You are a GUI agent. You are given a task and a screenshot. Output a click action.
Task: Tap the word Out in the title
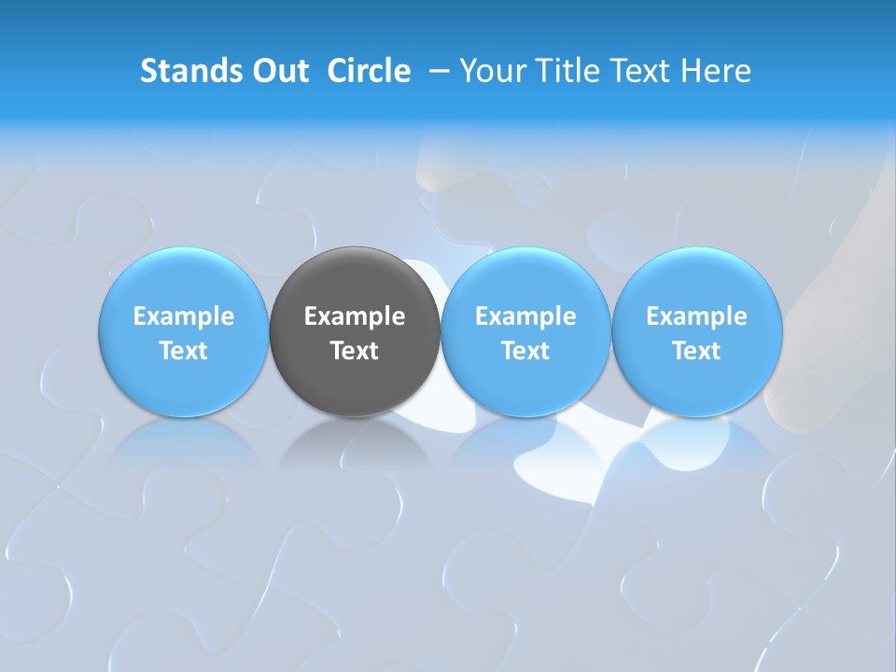(x=277, y=71)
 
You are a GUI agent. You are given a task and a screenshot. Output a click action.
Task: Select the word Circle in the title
(x=369, y=71)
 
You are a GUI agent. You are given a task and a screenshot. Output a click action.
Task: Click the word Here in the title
(x=717, y=71)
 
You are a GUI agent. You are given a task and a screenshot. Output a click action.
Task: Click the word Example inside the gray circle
(x=355, y=317)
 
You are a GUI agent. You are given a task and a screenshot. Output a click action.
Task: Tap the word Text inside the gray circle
(x=355, y=351)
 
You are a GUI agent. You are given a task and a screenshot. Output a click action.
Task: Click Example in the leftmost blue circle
(x=184, y=317)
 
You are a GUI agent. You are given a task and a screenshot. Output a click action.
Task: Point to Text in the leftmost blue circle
(x=184, y=351)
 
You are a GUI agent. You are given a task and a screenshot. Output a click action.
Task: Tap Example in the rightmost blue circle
(x=697, y=317)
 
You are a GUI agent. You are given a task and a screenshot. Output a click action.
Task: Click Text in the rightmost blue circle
(x=697, y=351)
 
